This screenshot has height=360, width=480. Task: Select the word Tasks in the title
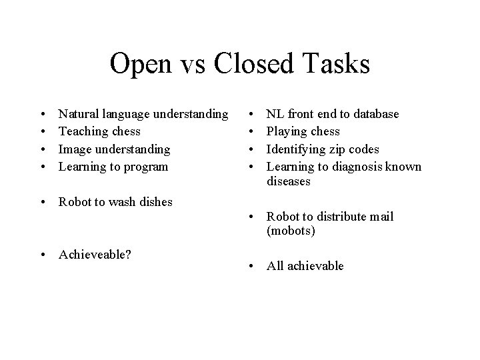[x=338, y=65]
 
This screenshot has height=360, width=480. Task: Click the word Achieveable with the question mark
[x=93, y=254]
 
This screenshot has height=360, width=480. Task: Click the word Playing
[x=288, y=131]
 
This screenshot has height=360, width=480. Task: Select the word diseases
[x=289, y=181]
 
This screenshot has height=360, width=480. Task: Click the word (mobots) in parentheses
[x=291, y=231]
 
